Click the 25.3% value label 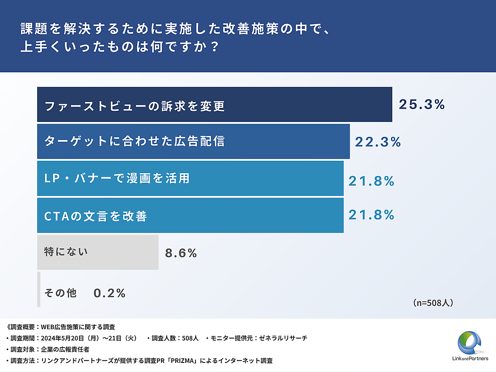(422, 105)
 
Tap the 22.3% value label (378, 142)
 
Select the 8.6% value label (181, 253)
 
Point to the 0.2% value (110, 293)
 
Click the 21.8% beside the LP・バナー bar (371, 181)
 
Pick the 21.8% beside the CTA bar (371, 215)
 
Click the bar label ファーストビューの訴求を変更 (134, 106)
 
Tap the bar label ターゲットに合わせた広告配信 (134, 141)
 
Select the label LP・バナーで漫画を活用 (117, 178)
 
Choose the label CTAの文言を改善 (95, 216)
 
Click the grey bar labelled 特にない (98, 252)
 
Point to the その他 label (60, 293)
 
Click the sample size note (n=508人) (433, 303)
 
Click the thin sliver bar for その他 (39, 289)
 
